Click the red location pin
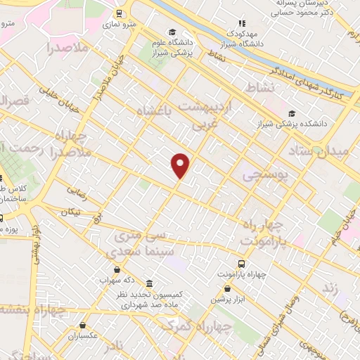click(x=181, y=165)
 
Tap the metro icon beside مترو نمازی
click(x=120, y=13)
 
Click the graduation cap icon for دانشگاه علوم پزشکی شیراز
click(x=172, y=32)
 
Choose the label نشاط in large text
click(x=257, y=87)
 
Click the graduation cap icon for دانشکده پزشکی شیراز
click(x=292, y=113)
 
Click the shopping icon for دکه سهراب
click(x=116, y=269)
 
